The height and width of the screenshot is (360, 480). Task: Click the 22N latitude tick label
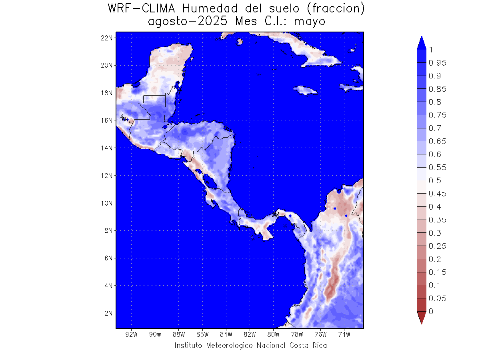point(106,38)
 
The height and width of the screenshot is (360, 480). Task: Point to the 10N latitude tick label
point(106,203)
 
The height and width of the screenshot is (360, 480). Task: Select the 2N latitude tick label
point(108,313)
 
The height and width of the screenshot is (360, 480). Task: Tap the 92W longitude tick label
point(132,334)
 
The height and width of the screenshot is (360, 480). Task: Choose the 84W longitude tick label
point(226,334)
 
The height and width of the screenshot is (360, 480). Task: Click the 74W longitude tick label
point(344,334)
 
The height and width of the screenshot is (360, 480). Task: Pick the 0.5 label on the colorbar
point(435,180)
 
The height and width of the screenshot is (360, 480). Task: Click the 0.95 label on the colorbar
point(437,63)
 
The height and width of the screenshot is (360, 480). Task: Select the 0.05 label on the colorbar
point(437,298)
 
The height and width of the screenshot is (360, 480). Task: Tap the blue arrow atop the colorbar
point(421,43)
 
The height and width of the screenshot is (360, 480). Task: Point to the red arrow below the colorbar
point(421,317)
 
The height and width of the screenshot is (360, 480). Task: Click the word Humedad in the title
point(210,9)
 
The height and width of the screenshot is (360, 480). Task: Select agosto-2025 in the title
point(188,22)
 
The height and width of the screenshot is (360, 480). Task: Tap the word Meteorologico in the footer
point(229,345)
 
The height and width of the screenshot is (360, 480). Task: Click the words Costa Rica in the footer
point(308,345)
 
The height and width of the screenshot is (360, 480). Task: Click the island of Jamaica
point(305,90)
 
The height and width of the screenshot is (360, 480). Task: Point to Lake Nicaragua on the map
point(210,181)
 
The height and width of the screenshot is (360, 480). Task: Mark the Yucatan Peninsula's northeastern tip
point(192,46)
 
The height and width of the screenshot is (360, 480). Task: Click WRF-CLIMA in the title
point(142,9)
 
